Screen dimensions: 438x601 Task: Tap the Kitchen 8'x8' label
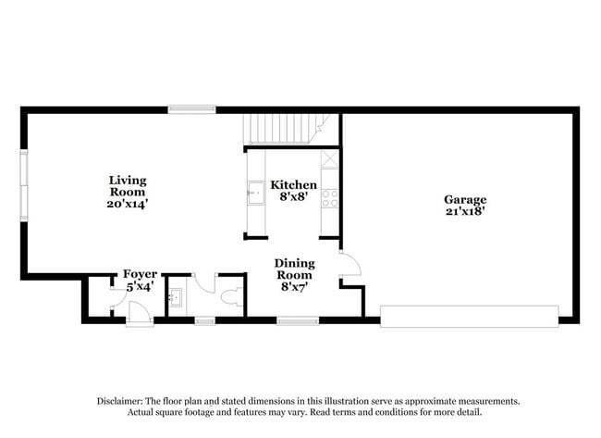pos(293,191)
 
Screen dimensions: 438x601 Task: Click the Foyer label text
pos(140,274)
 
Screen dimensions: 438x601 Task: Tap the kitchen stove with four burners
pos(330,197)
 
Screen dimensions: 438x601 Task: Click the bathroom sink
pos(176,297)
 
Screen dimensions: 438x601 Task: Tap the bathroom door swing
pos(204,282)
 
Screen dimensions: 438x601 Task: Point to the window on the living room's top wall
pos(192,109)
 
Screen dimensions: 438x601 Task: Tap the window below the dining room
pos(298,320)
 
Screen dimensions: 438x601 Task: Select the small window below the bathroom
pos(204,320)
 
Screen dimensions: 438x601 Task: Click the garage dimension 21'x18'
pos(464,211)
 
